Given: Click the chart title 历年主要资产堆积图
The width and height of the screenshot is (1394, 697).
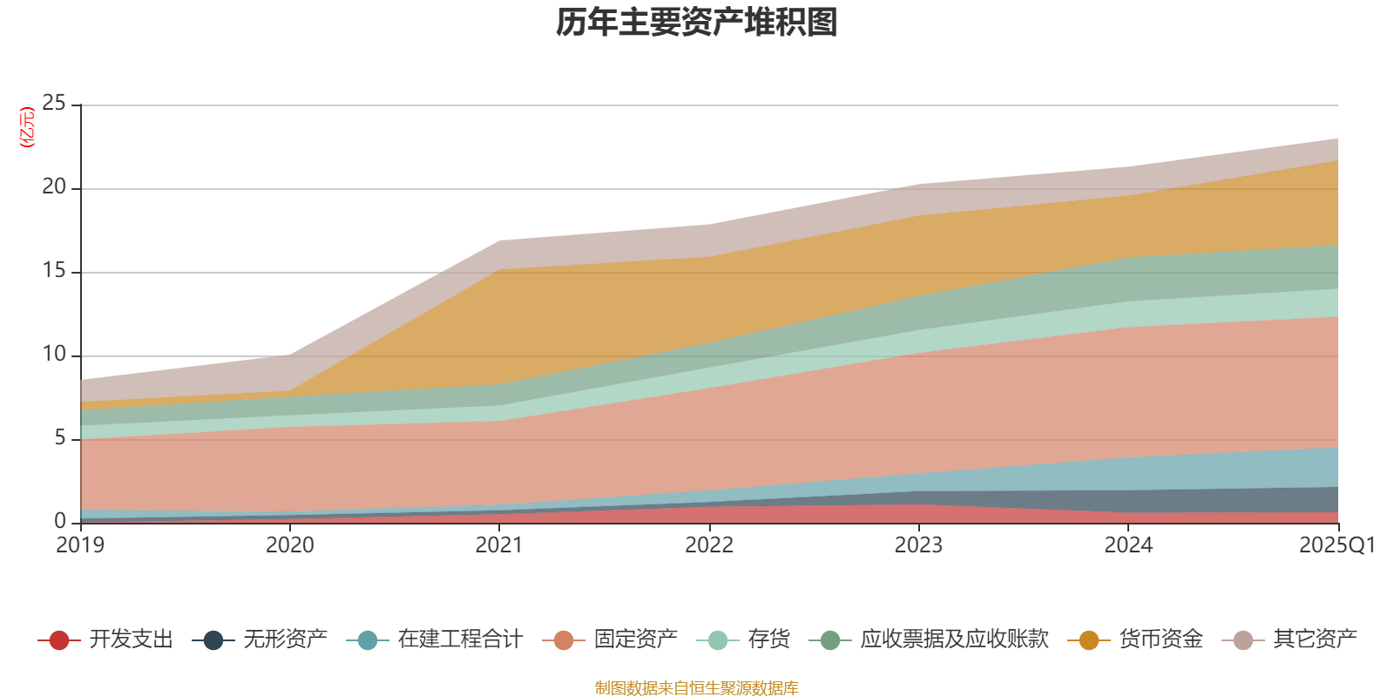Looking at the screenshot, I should click(x=697, y=23).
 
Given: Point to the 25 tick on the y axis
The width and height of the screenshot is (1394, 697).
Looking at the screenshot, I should click(x=54, y=104).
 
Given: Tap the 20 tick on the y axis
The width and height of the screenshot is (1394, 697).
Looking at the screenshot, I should click(x=54, y=187).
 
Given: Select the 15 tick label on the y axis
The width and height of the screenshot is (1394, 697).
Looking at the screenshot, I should click(x=54, y=271).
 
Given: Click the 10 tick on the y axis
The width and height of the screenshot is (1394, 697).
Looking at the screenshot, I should click(x=54, y=355).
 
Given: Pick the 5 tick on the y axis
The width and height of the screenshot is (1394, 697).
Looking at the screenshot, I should click(x=60, y=438).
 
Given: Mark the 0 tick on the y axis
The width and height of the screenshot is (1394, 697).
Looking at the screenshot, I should click(x=60, y=521).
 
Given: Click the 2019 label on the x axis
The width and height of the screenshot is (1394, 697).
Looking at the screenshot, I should click(x=80, y=545).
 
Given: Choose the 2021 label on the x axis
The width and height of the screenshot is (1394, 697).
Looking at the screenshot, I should click(x=499, y=545).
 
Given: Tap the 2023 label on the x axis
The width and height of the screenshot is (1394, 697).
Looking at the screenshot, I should click(x=918, y=545).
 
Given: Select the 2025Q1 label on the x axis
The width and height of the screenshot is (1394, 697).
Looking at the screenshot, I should click(x=1336, y=545).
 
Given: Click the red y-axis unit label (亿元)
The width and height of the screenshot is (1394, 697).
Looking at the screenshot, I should click(x=27, y=127).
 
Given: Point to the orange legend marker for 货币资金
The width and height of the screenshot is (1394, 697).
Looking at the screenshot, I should click(x=1089, y=640).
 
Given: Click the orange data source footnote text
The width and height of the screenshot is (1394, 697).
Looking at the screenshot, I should click(x=697, y=688).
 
